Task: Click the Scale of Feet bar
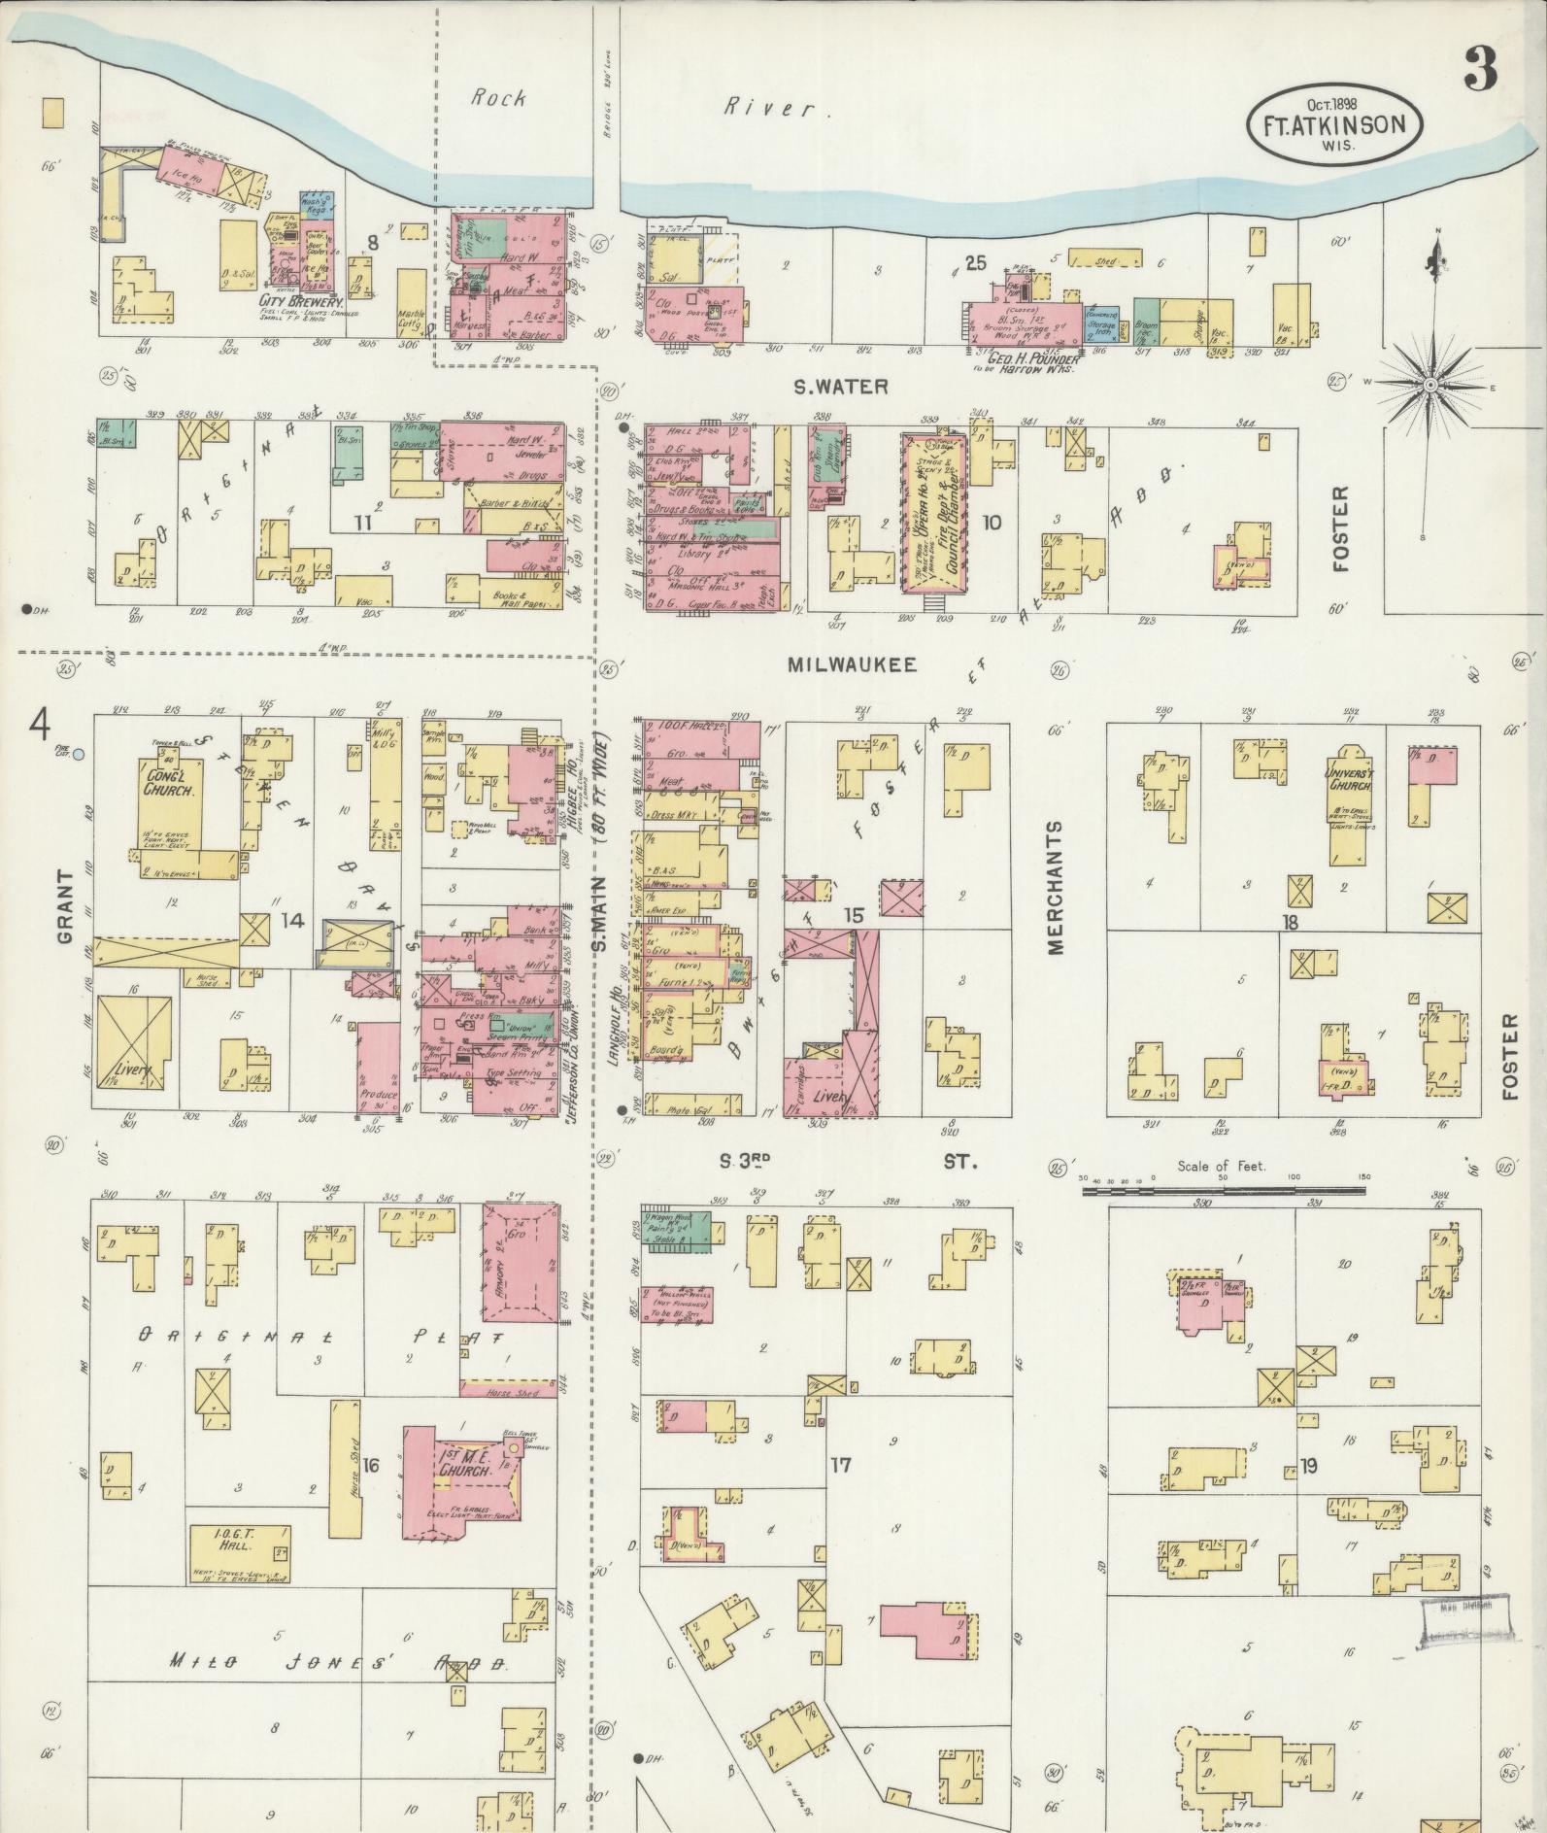pyautogui.click(x=1226, y=1187)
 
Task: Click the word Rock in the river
pyautogui.click(x=499, y=97)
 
